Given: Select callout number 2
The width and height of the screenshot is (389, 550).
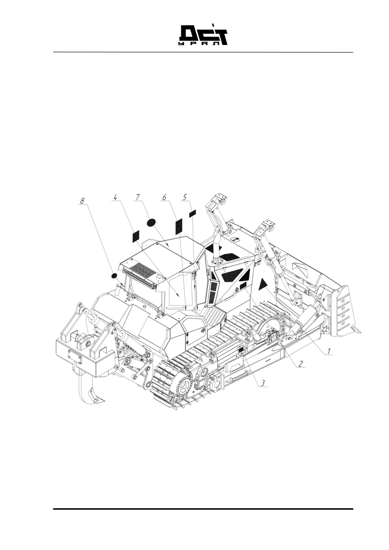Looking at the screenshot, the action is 300,364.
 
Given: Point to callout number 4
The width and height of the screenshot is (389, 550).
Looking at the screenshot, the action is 115,197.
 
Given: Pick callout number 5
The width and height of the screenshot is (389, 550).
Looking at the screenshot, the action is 185,197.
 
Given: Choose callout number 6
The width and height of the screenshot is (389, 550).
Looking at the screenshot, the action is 164,197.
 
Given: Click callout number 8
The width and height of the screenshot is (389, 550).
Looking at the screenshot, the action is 82,201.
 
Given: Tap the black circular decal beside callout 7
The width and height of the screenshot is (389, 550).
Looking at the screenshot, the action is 152,223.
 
